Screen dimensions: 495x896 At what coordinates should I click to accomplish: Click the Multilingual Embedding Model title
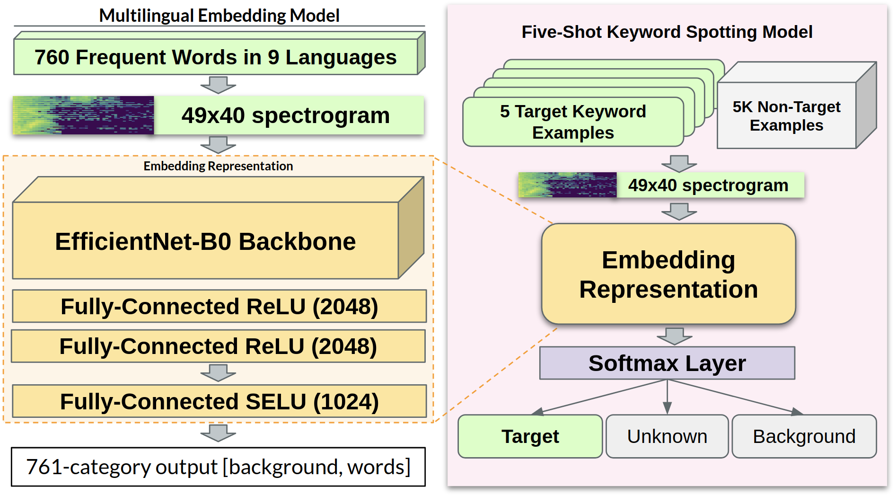click(x=219, y=16)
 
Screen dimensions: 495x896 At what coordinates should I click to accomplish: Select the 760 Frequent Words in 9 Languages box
click(x=216, y=57)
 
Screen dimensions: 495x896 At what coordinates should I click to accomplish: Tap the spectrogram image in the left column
click(x=83, y=115)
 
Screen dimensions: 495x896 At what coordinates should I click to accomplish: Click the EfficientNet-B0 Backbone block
click(x=205, y=241)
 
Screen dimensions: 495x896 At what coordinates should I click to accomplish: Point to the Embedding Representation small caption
click(x=218, y=166)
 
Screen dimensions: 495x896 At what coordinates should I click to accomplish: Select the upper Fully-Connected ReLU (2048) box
click(x=219, y=306)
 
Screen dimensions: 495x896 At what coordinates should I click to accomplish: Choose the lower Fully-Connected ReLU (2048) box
click(x=218, y=346)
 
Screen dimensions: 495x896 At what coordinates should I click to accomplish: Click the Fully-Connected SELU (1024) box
click(x=219, y=401)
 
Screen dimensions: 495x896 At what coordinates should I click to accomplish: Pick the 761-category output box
click(x=218, y=467)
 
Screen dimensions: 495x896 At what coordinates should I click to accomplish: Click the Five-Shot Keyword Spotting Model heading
click(x=667, y=32)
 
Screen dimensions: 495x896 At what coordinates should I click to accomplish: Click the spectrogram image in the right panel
click(x=567, y=185)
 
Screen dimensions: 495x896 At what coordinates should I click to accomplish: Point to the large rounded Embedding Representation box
click(x=668, y=274)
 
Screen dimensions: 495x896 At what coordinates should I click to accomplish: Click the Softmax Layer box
click(x=667, y=363)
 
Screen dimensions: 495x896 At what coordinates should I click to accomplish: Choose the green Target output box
click(x=530, y=436)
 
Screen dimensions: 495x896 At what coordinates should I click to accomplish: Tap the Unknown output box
click(x=667, y=436)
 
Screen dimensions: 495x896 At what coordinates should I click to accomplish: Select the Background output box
click(x=804, y=436)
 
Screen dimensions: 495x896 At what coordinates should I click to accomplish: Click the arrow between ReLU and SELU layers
click(x=218, y=373)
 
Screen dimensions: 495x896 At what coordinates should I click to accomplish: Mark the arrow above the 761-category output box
click(x=218, y=433)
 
